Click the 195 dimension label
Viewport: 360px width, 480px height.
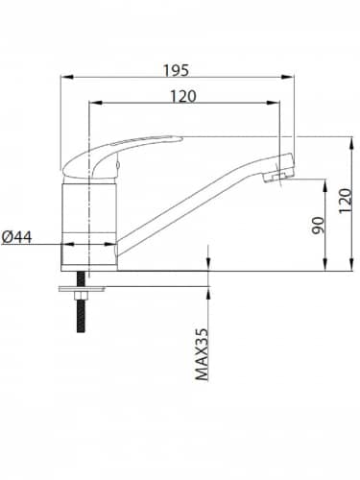pyautogui.click(x=176, y=70)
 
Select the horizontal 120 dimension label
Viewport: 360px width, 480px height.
pyautogui.click(x=182, y=96)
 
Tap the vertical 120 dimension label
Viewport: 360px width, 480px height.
pyautogui.click(x=346, y=201)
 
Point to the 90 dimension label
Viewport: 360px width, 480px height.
pyautogui.click(x=319, y=226)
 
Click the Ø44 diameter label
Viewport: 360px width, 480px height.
pyautogui.click(x=17, y=237)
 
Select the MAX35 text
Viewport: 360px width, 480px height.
pyautogui.click(x=202, y=354)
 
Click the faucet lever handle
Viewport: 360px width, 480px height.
pyautogui.click(x=122, y=156)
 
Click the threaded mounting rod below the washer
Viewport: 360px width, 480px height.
pyautogui.click(x=81, y=316)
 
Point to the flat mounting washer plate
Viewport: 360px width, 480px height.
pyautogui.click(x=82, y=289)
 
